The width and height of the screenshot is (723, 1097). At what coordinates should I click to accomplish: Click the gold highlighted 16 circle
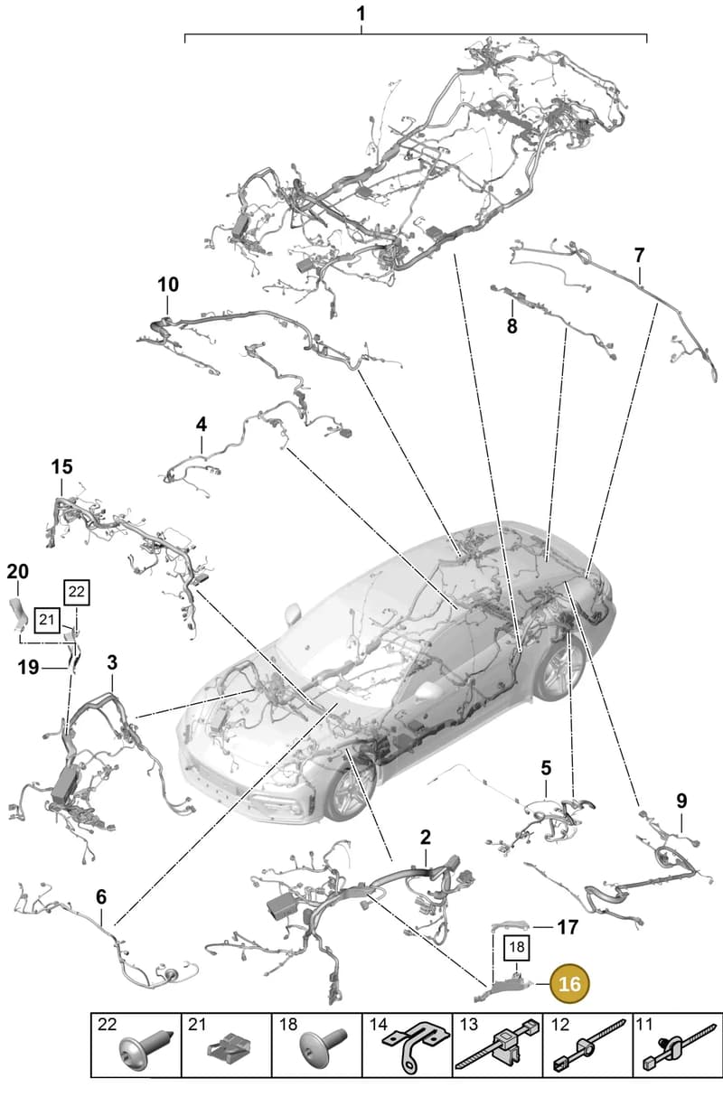[569, 983]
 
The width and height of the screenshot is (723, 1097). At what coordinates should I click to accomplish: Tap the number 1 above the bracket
[361, 14]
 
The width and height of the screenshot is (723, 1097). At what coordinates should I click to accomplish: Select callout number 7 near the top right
[639, 255]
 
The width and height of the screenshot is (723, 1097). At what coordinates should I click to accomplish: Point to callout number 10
[168, 285]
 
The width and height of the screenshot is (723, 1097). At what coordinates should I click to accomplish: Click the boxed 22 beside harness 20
[77, 592]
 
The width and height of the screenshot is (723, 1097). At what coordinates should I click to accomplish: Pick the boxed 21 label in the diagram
[46, 620]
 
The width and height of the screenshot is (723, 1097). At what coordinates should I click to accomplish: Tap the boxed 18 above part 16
[517, 947]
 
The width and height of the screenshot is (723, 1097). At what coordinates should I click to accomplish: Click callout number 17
[568, 927]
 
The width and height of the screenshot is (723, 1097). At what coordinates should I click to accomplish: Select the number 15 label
[61, 467]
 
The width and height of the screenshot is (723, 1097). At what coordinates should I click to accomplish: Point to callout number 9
[681, 802]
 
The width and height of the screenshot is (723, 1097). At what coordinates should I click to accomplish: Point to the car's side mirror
[294, 613]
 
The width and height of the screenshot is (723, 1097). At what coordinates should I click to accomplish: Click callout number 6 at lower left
[101, 897]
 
